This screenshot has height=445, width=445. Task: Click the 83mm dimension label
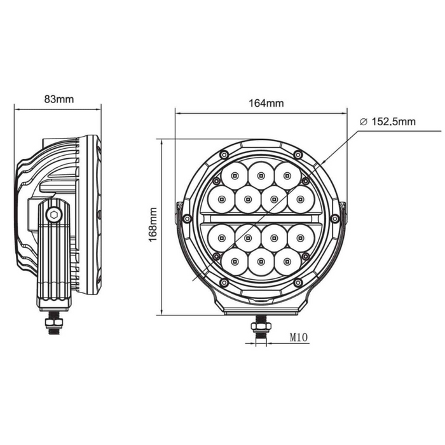(x=59, y=99)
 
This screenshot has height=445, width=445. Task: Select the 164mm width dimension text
(x=266, y=103)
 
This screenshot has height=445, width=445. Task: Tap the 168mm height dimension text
(x=153, y=224)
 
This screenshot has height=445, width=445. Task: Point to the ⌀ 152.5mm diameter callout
(x=388, y=122)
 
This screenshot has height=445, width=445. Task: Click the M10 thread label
(x=299, y=338)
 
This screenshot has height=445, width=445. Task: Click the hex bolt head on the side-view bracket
(x=54, y=215)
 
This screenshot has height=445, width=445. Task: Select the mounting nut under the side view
(x=53, y=323)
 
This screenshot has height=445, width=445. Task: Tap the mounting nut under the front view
(x=261, y=326)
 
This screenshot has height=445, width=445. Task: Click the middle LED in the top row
(x=261, y=175)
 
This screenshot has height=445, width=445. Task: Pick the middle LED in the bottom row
(x=261, y=261)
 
